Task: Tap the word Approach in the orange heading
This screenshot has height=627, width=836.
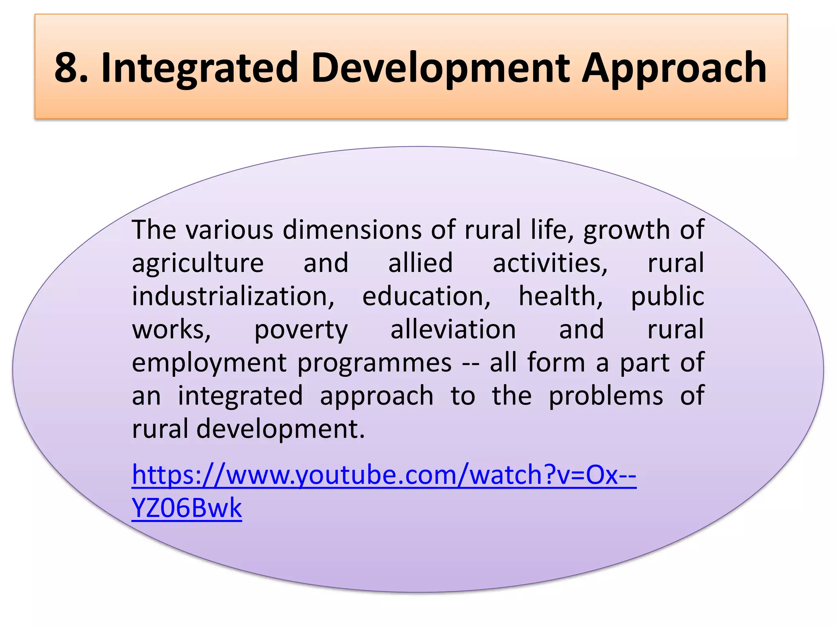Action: tap(674, 67)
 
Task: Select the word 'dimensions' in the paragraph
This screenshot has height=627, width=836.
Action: tap(352, 230)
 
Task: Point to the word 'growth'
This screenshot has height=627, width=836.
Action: tap(626, 230)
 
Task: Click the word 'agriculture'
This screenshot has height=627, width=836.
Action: tap(198, 263)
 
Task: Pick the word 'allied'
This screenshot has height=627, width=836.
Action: tap(420, 263)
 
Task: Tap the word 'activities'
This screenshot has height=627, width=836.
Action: tap(550, 263)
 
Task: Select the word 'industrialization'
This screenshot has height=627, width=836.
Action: tap(233, 296)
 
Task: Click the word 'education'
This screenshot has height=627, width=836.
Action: tap(426, 296)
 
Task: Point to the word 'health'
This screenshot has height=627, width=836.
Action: tap(560, 296)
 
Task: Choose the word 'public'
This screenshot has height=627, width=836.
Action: tap(667, 296)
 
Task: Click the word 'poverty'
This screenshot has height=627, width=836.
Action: tap(301, 330)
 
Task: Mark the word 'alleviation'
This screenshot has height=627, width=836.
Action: tap(453, 330)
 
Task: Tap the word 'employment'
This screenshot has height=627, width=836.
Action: tap(209, 363)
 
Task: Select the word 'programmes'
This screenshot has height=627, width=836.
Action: tap(374, 363)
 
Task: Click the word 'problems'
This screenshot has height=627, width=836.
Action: tap(606, 396)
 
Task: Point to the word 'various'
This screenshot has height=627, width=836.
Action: tap(229, 230)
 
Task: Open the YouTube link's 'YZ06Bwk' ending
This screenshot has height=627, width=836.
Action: tap(187, 508)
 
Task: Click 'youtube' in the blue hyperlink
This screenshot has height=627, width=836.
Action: tap(345, 475)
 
